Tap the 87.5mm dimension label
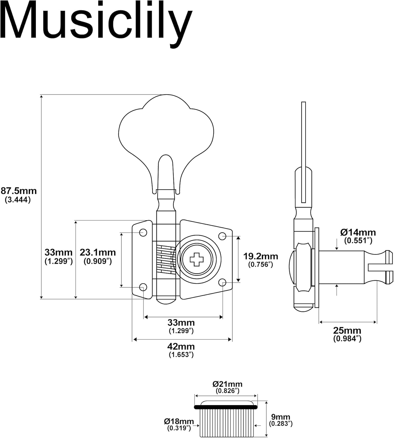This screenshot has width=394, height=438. coord(18,191)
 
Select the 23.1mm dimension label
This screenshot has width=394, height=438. coord(98,252)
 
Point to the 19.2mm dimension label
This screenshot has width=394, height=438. coord(261,256)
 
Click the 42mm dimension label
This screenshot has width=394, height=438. coord(181,347)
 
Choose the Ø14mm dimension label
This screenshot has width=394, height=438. coord(358,232)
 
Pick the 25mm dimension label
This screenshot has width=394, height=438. coord(347,331)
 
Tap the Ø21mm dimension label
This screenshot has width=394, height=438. coord(227,384)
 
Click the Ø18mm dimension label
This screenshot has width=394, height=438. coord(179,421)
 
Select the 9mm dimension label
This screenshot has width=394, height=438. coord(280,417)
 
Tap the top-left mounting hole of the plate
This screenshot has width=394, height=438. coord(143,233)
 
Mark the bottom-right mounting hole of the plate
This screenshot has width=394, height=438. coord(222,282)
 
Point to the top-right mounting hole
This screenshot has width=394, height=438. coord(222,236)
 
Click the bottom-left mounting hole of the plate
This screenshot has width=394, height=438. coord(143,287)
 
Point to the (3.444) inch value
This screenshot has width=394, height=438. coord(18,200)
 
